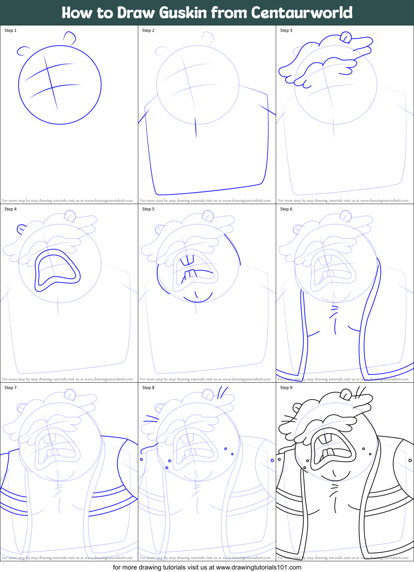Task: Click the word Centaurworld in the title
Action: (302, 13)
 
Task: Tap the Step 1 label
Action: (10, 30)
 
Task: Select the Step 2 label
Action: (148, 30)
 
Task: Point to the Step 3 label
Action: (286, 30)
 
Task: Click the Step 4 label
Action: (10, 209)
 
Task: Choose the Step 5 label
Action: (148, 209)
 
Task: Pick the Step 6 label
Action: (286, 209)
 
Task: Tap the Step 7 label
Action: (10, 388)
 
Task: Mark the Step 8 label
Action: (148, 388)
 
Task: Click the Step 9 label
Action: (286, 388)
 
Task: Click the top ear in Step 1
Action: (70, 38)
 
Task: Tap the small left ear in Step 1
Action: (23, 51)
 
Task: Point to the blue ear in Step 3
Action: (346, 37)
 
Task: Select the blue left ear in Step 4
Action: (21, 228)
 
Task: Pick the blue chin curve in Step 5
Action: (198, 299)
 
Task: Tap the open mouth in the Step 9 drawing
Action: (331, 449)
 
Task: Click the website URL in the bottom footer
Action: (259, 567)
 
